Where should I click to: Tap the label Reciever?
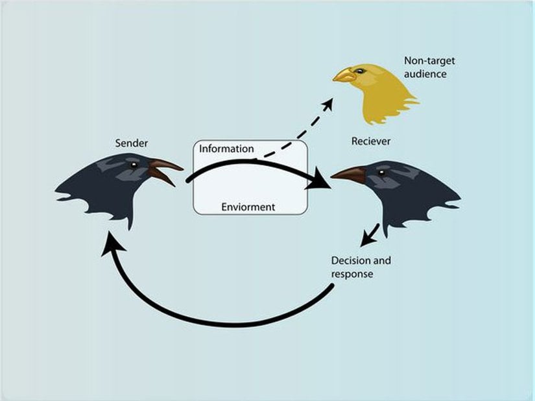click(x=371, y=141)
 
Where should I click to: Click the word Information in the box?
click(x=226, y=149)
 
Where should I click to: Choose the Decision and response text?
click(x=361, y=267)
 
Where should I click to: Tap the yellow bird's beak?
click(x=343, y=76)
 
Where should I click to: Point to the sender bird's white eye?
click(x=134, y=165)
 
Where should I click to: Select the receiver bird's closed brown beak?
click(x=348, y=174)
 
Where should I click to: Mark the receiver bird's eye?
click(x=381, y=173)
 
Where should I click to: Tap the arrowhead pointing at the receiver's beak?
click(x=318, y=180)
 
